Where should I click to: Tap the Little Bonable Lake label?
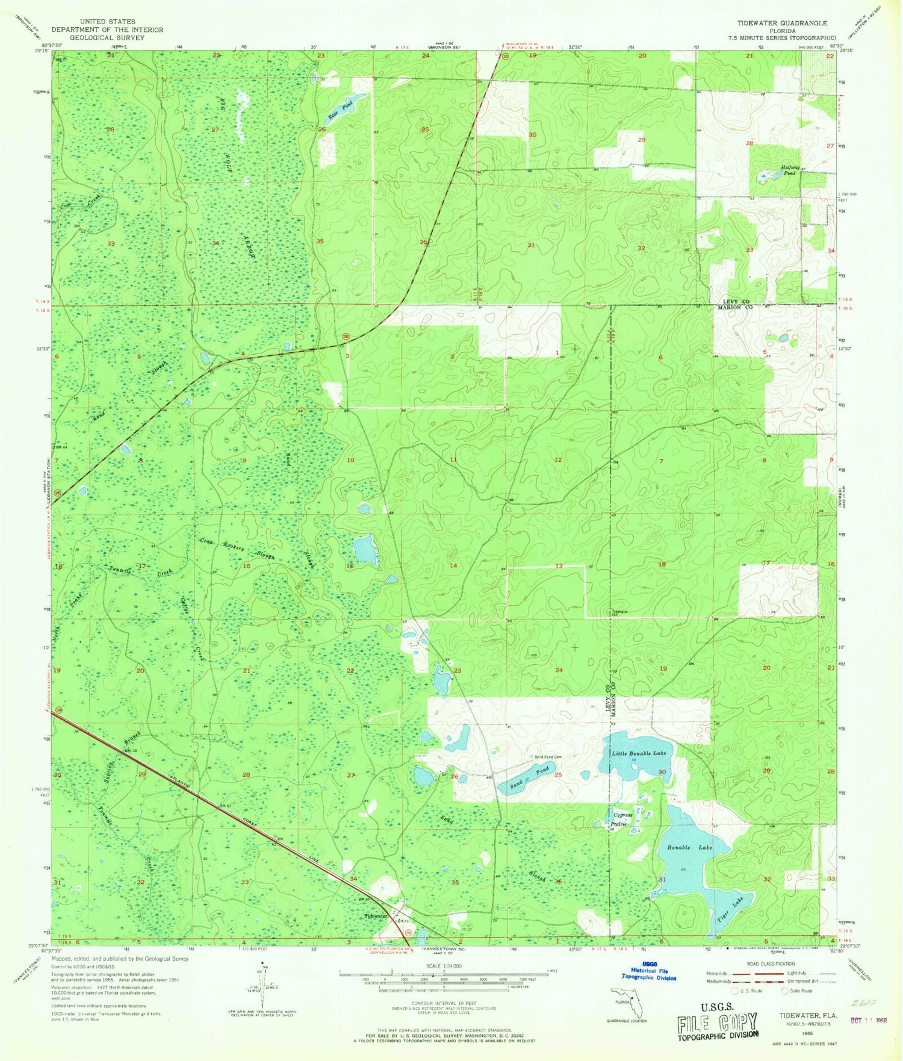click(x=639, y=753)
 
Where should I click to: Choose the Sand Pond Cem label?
click(x=547, y=757)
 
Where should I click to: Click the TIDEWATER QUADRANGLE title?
click(x=782, y=23)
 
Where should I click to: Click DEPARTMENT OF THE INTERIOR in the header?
click(x=107, y=30)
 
